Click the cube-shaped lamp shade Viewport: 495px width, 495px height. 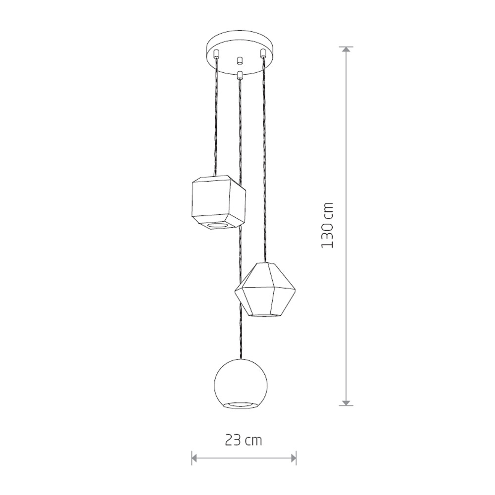coord(219,202)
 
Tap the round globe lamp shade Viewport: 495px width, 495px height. coord(241,384)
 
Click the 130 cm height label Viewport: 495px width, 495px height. coord(327,225)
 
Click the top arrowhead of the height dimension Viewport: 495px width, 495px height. coord(346,49)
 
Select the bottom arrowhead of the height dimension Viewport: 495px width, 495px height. coord(346,402)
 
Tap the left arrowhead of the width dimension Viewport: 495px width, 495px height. coord(195,457)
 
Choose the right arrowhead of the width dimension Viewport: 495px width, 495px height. coord(293,457)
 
